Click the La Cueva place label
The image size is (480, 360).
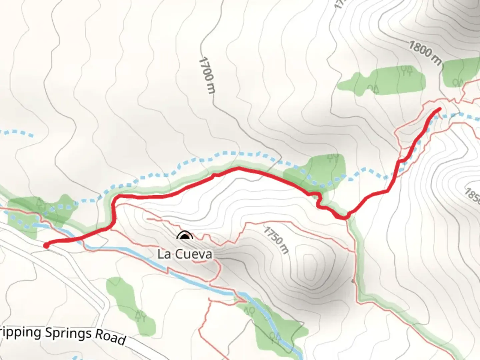(x=185, y=254)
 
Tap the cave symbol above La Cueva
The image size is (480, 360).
(x=185, y=236)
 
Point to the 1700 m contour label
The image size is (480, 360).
(x=207, y=75)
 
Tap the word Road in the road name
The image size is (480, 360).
(x=110, y=337)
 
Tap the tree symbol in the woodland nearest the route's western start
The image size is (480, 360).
(x=40, y=203)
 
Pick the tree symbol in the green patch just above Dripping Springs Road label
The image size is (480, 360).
(x=140, y=315)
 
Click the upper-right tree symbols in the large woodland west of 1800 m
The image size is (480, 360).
(x=407, y=71)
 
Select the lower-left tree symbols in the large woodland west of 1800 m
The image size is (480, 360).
(x=373, y=89)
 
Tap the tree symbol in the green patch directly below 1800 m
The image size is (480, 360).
(x=458, y=82)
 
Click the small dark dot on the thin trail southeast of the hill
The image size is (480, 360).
(x=354, y=281)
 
